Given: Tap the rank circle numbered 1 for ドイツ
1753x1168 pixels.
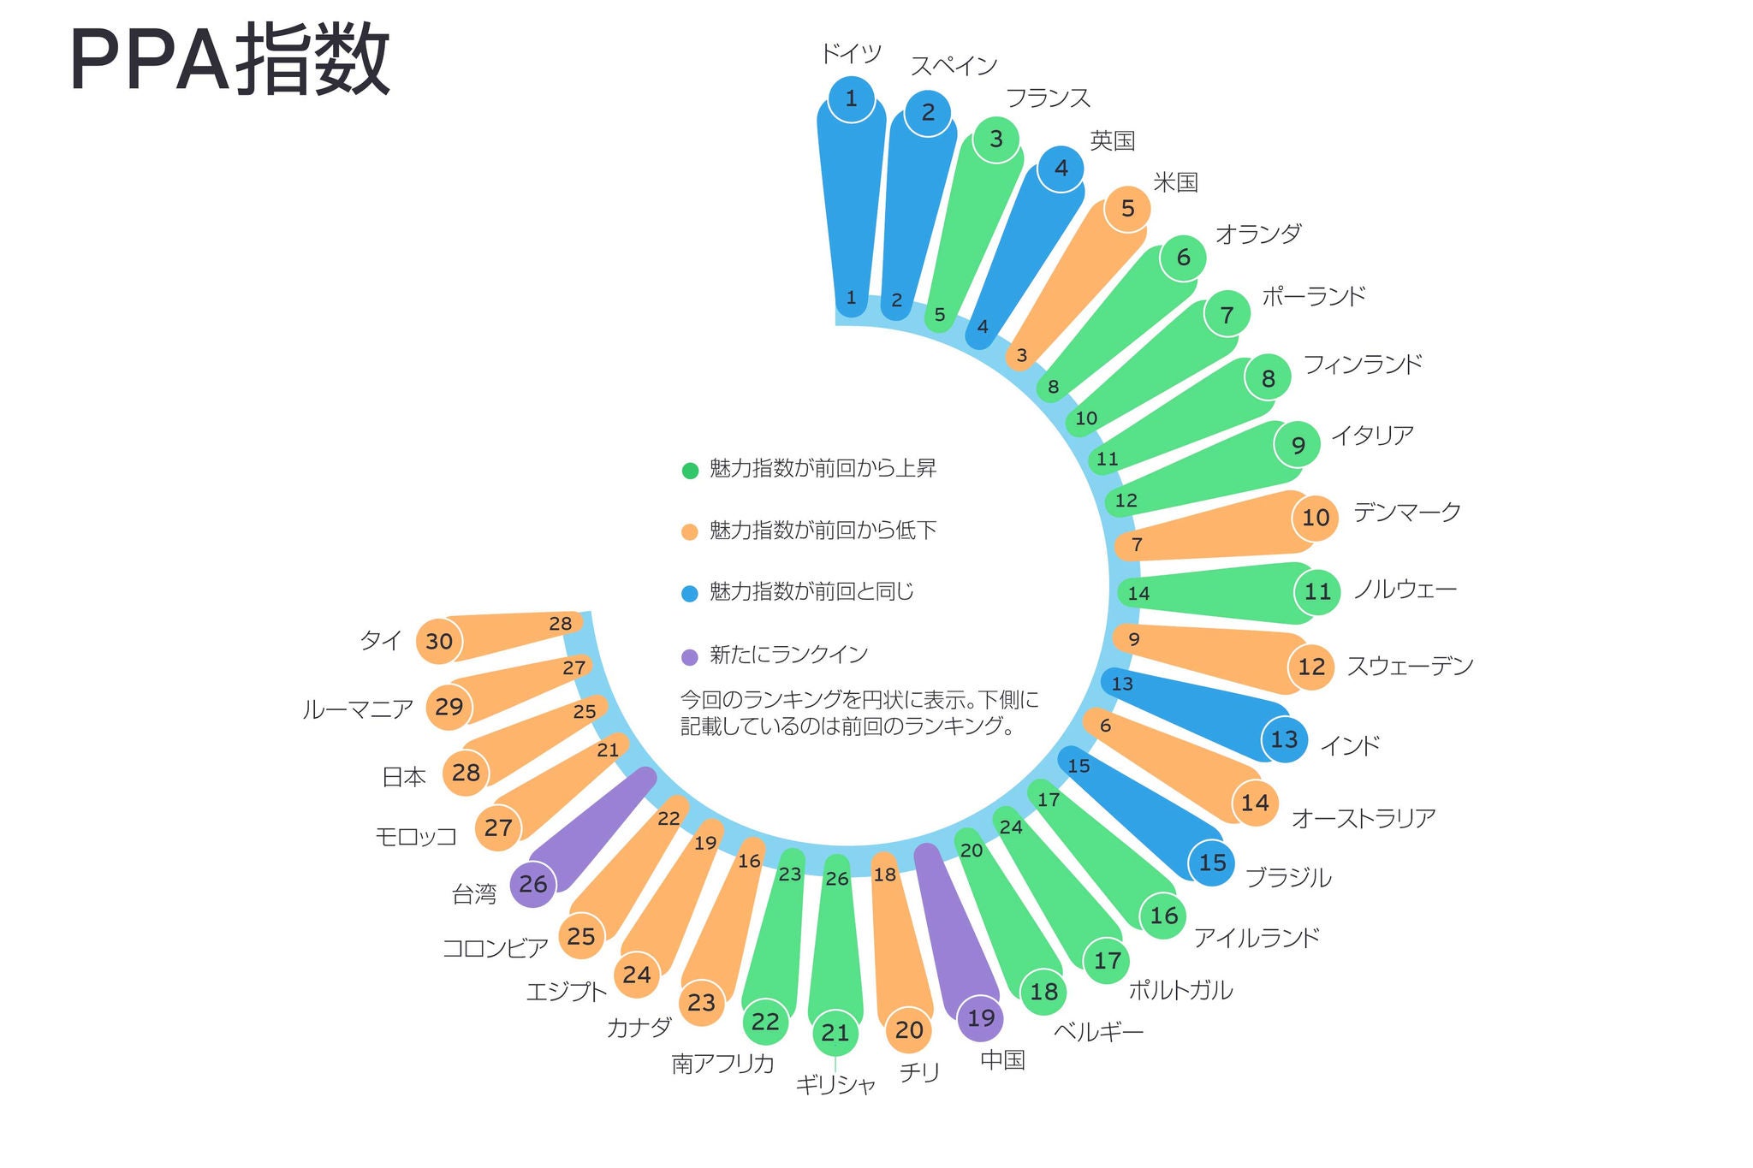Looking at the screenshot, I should (852, 99).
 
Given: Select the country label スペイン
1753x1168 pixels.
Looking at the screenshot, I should (954, 66).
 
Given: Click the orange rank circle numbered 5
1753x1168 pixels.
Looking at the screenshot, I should (1127, 208).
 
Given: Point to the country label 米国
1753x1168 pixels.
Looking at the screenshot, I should (1175, 182).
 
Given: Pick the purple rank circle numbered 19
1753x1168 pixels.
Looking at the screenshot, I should (981, 1018).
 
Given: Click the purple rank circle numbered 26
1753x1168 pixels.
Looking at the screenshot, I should (532, 884).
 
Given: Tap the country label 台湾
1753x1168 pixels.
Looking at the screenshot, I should (474, 895).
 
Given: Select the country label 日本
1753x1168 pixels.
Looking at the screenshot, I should (404, 777).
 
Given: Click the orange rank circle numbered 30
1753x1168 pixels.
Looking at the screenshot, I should (439, 641).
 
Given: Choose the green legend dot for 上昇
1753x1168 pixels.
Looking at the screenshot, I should (690, 471).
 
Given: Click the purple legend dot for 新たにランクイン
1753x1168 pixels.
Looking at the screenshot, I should (690, 657).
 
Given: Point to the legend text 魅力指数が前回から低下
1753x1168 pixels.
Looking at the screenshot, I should (823, 531).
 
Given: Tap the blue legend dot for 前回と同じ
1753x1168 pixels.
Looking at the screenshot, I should (690, 594).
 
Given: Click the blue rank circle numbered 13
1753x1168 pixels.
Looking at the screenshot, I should (1285, 739).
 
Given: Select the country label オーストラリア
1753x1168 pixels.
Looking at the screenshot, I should (1363, 819).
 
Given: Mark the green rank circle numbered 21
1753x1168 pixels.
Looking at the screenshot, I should (835, 1033).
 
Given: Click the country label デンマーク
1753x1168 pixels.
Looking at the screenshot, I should (1406, 513).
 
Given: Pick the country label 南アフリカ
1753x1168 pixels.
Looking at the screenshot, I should (723, 1064).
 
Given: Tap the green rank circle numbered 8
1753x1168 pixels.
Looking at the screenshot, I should (1268, 377).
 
